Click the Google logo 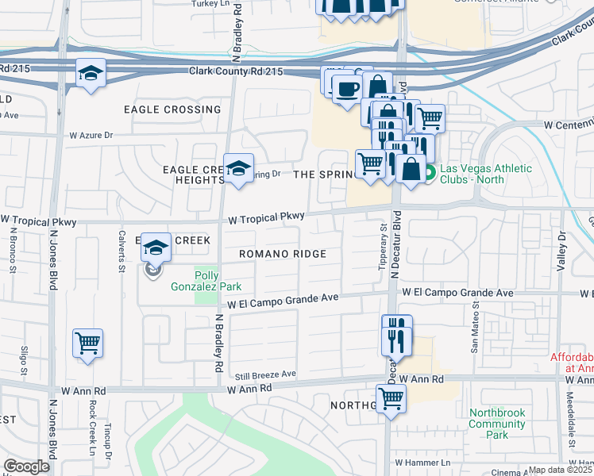[26, 466]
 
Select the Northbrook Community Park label [497, 424]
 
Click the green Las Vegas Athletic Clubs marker [429, 171]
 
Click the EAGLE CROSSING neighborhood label [172, 109]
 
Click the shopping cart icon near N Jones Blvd [87, 344]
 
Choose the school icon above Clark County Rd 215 [91, 74]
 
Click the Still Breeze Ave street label [265, 374]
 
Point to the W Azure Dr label [91, 136]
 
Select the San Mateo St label [475, 328]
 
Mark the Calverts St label [122, 255]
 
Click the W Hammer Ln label [421, 462]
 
